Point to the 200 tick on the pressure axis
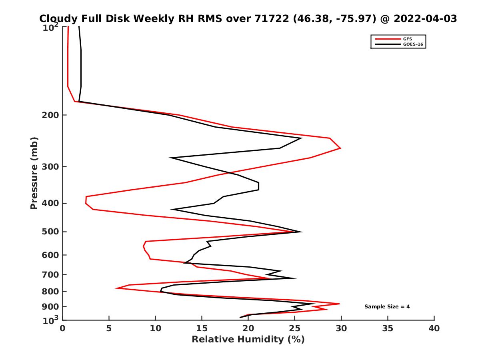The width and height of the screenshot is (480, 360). [x=51, y=115]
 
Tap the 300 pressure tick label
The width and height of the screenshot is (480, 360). [x=51, y=166]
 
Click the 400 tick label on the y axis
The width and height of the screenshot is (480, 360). [x=51, y=203]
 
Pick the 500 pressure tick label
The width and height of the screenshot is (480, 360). [x=51, y=232]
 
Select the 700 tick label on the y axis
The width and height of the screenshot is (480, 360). [x=51, y=274]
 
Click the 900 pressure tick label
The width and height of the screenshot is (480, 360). [x=51, y=307]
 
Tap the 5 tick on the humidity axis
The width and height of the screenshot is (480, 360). [x=109, y=328]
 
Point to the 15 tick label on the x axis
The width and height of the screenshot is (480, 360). [x=202, y=328]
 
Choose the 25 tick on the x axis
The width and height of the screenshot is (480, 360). [x=295, y=328]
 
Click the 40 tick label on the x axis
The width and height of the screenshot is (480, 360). [x=434, y=328]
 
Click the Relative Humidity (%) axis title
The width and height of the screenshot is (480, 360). [x=248, y=340]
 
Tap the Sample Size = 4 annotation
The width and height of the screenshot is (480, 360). [x=387, y=307]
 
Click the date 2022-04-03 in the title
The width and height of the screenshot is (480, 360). [x=425, y=18]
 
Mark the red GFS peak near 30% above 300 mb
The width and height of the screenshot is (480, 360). [x=340, y=148]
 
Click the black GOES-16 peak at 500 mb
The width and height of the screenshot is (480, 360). [x=302, y=232]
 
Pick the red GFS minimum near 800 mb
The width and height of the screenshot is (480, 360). [x=116, y=288]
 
